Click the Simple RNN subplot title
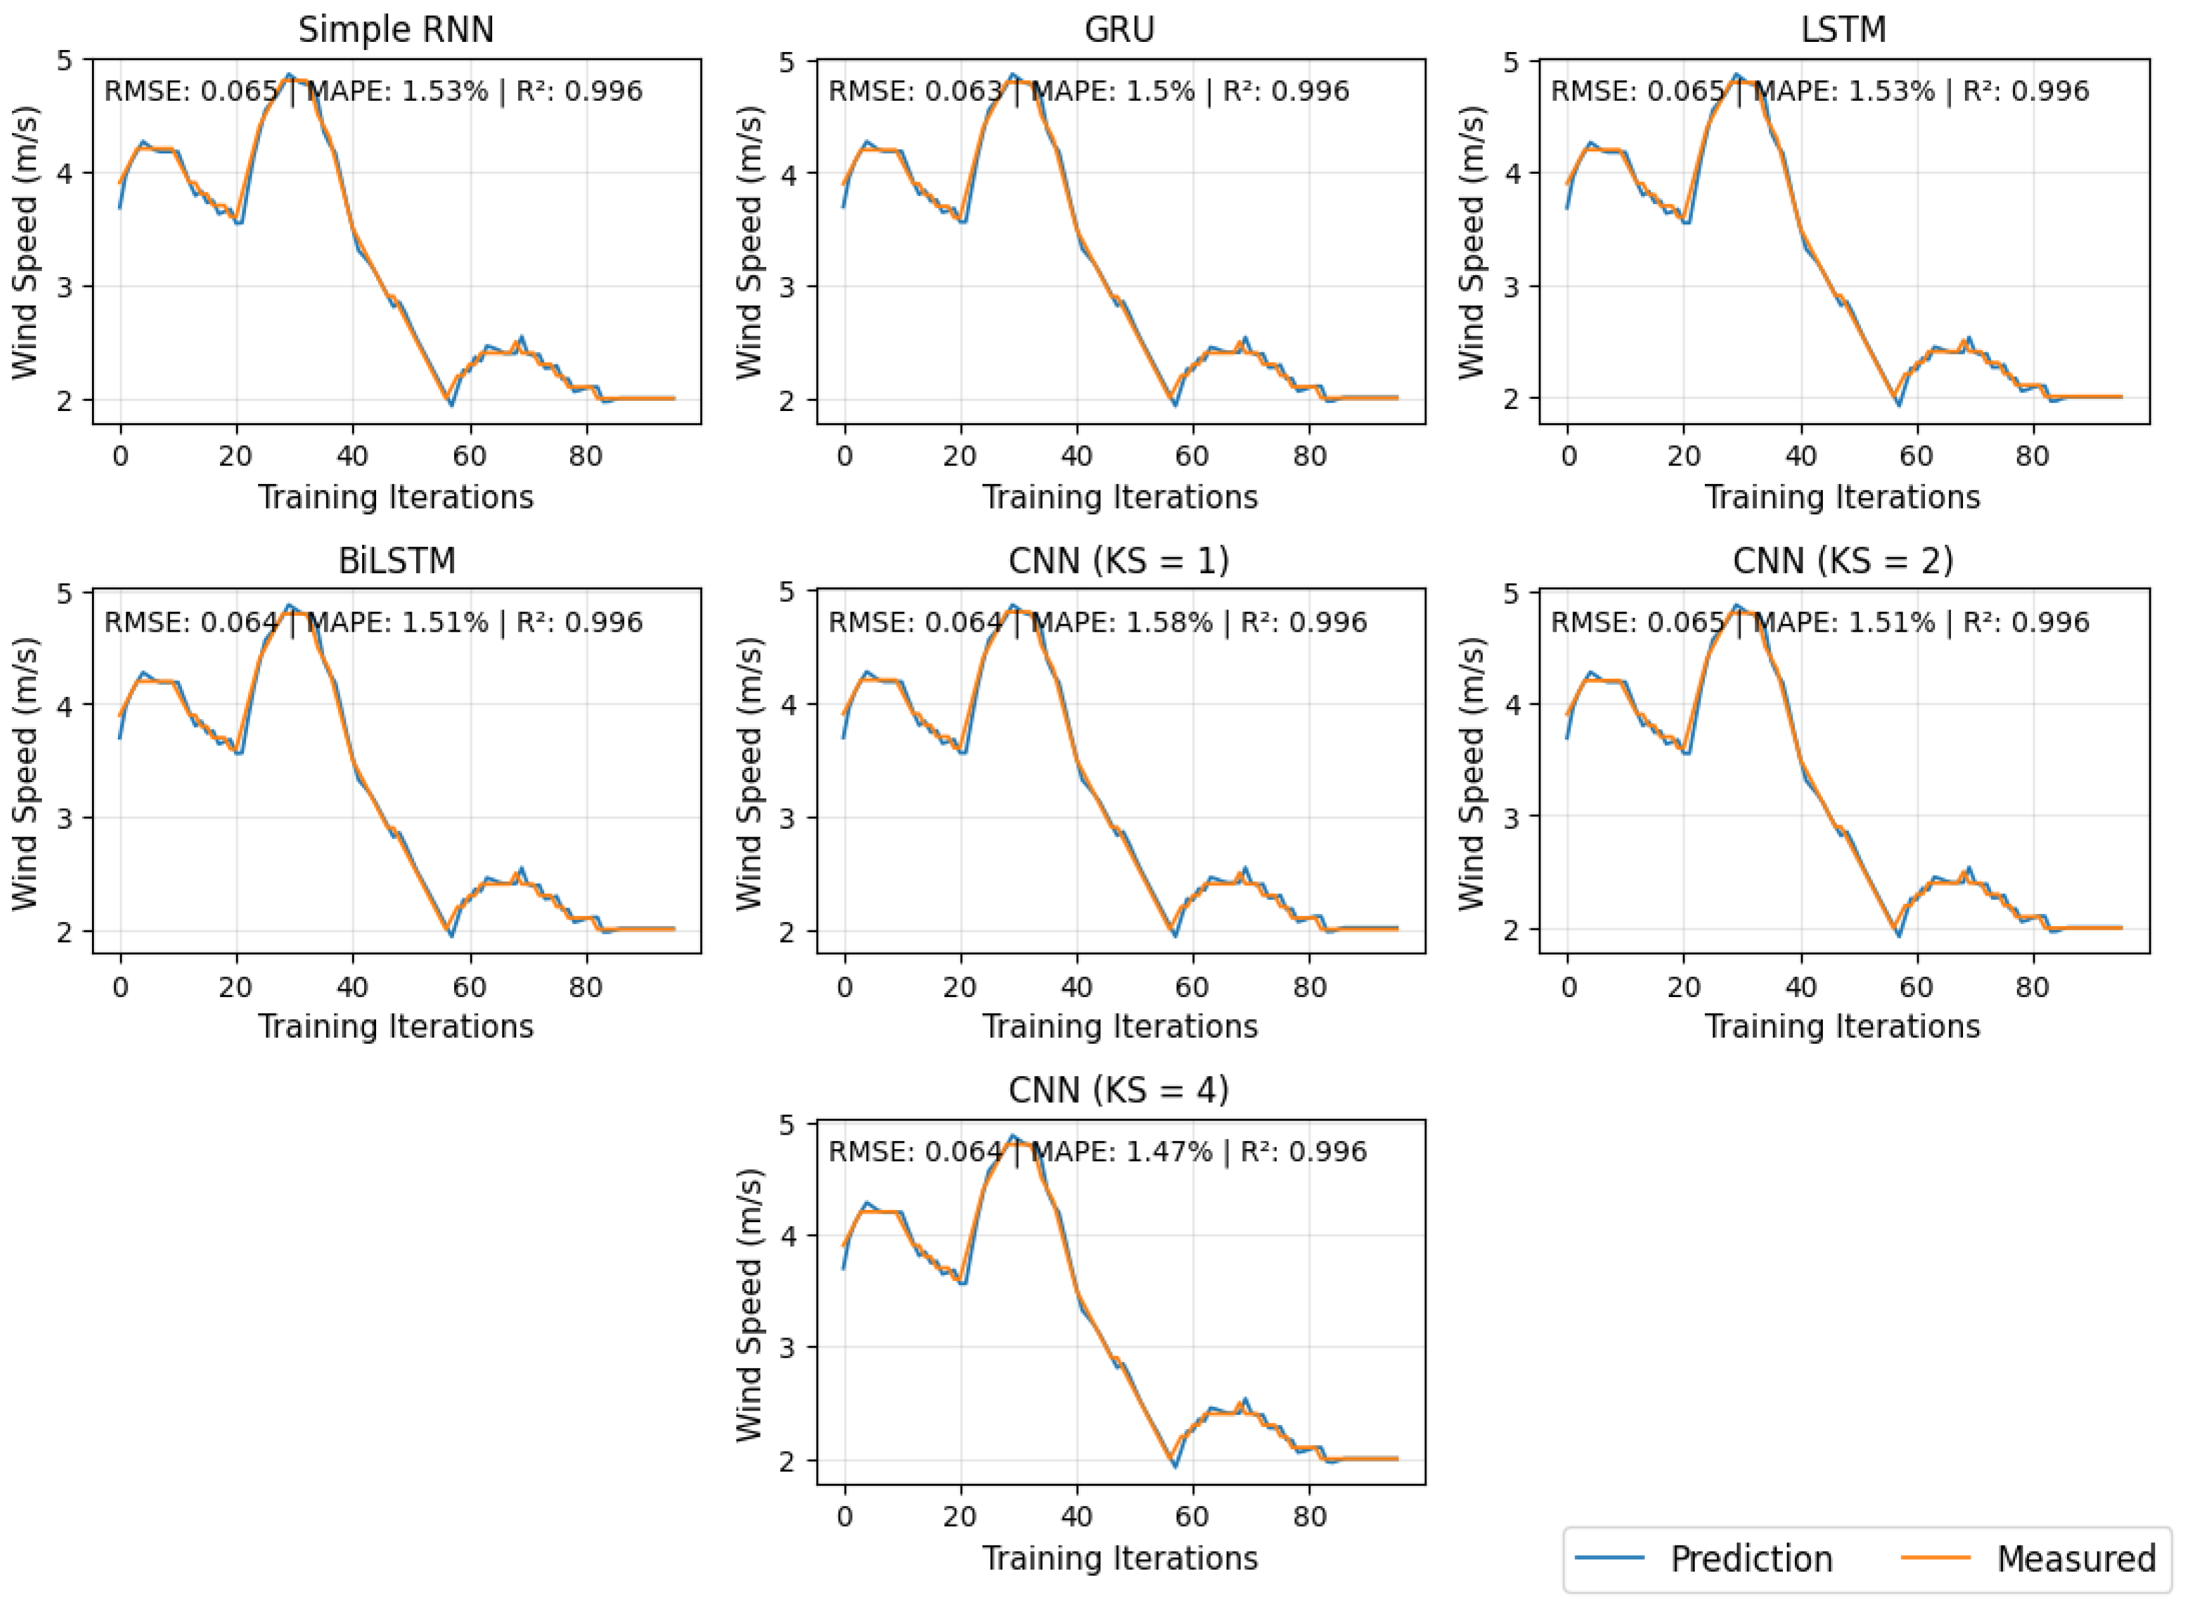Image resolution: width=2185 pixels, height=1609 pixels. pos(396,30)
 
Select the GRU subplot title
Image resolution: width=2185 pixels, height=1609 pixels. pos(1119,30)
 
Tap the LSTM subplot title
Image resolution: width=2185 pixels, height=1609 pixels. pos(1843,30)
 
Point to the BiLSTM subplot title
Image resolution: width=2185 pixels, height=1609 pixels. pos(396,561)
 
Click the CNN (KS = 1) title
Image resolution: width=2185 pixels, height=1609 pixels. pos(1119,561)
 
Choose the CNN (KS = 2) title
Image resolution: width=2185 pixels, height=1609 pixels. pos(1843,561)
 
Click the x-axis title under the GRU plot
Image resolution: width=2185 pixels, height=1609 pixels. pos(1119,498)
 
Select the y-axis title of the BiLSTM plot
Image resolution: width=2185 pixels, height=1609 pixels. pos(23,774)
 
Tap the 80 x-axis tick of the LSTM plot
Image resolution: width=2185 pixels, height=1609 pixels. pos(2032,456)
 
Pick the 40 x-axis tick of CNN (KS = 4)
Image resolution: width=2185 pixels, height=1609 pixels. pos(1076,1516)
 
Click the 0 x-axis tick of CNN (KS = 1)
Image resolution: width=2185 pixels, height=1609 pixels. pos(845,987)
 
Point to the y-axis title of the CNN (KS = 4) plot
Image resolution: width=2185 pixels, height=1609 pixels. pos(748,1305)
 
